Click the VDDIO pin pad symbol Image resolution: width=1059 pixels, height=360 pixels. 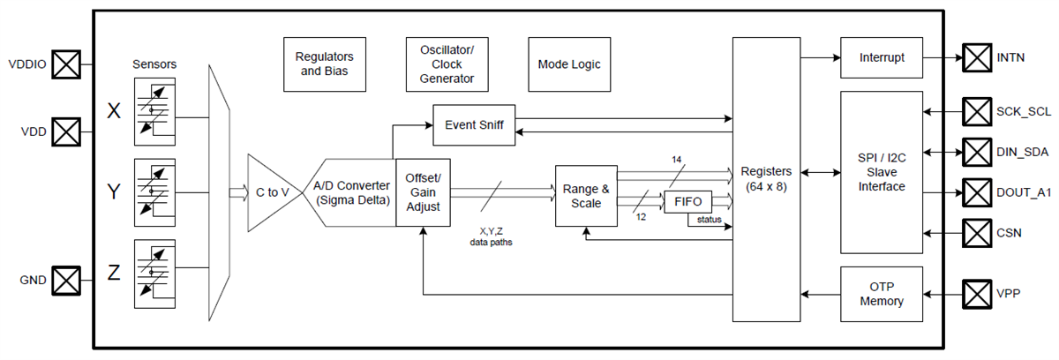(x=66, y=64)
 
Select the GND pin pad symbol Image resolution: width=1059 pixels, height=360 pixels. (x=66, y=281)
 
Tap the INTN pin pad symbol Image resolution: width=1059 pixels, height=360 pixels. (x=977, y=58)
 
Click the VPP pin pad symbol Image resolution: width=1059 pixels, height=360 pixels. (x=977, y=292)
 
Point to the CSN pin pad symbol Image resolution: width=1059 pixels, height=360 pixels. (x=977, y=233)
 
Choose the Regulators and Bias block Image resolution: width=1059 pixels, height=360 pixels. (x=324, y=64)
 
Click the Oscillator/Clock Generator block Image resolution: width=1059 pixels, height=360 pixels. (x=447, y=64)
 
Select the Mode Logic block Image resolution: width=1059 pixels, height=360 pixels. (x=569, y=64)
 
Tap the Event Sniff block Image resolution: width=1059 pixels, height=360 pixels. (x=474, y=124)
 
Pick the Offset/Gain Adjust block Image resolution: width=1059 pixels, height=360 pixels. (x=423, y=192)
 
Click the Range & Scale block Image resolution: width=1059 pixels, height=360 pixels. (x=586, y=196)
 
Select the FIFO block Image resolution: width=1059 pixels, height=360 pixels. (x=687, y=201)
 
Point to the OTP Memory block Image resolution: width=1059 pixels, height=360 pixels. (x=881, y=294)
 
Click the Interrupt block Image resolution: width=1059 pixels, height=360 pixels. (x=881, y=58)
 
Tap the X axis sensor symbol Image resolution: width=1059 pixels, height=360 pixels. (x=154, y=111)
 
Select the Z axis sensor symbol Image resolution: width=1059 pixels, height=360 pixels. (x=154, y=273)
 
